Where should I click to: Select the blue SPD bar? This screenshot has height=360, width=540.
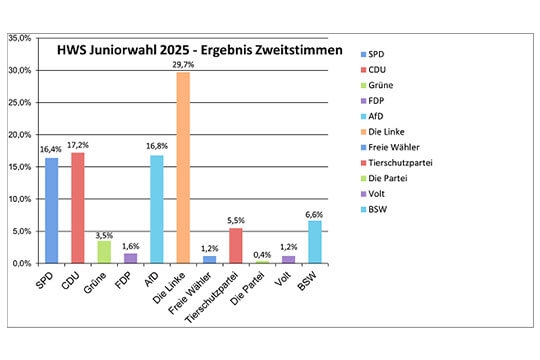coord(51,210)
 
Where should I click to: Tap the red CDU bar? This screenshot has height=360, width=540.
coord(77,207)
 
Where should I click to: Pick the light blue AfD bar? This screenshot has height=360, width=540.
coord(157,209)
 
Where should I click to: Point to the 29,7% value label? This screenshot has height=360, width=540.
coord(183,64)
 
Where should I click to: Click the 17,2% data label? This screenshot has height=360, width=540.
coord(79,144)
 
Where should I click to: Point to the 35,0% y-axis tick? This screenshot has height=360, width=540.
coord(20,38)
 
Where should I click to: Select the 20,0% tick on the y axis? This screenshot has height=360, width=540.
coord(20,134)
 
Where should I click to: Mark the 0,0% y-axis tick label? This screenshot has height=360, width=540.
coord(22,263)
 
